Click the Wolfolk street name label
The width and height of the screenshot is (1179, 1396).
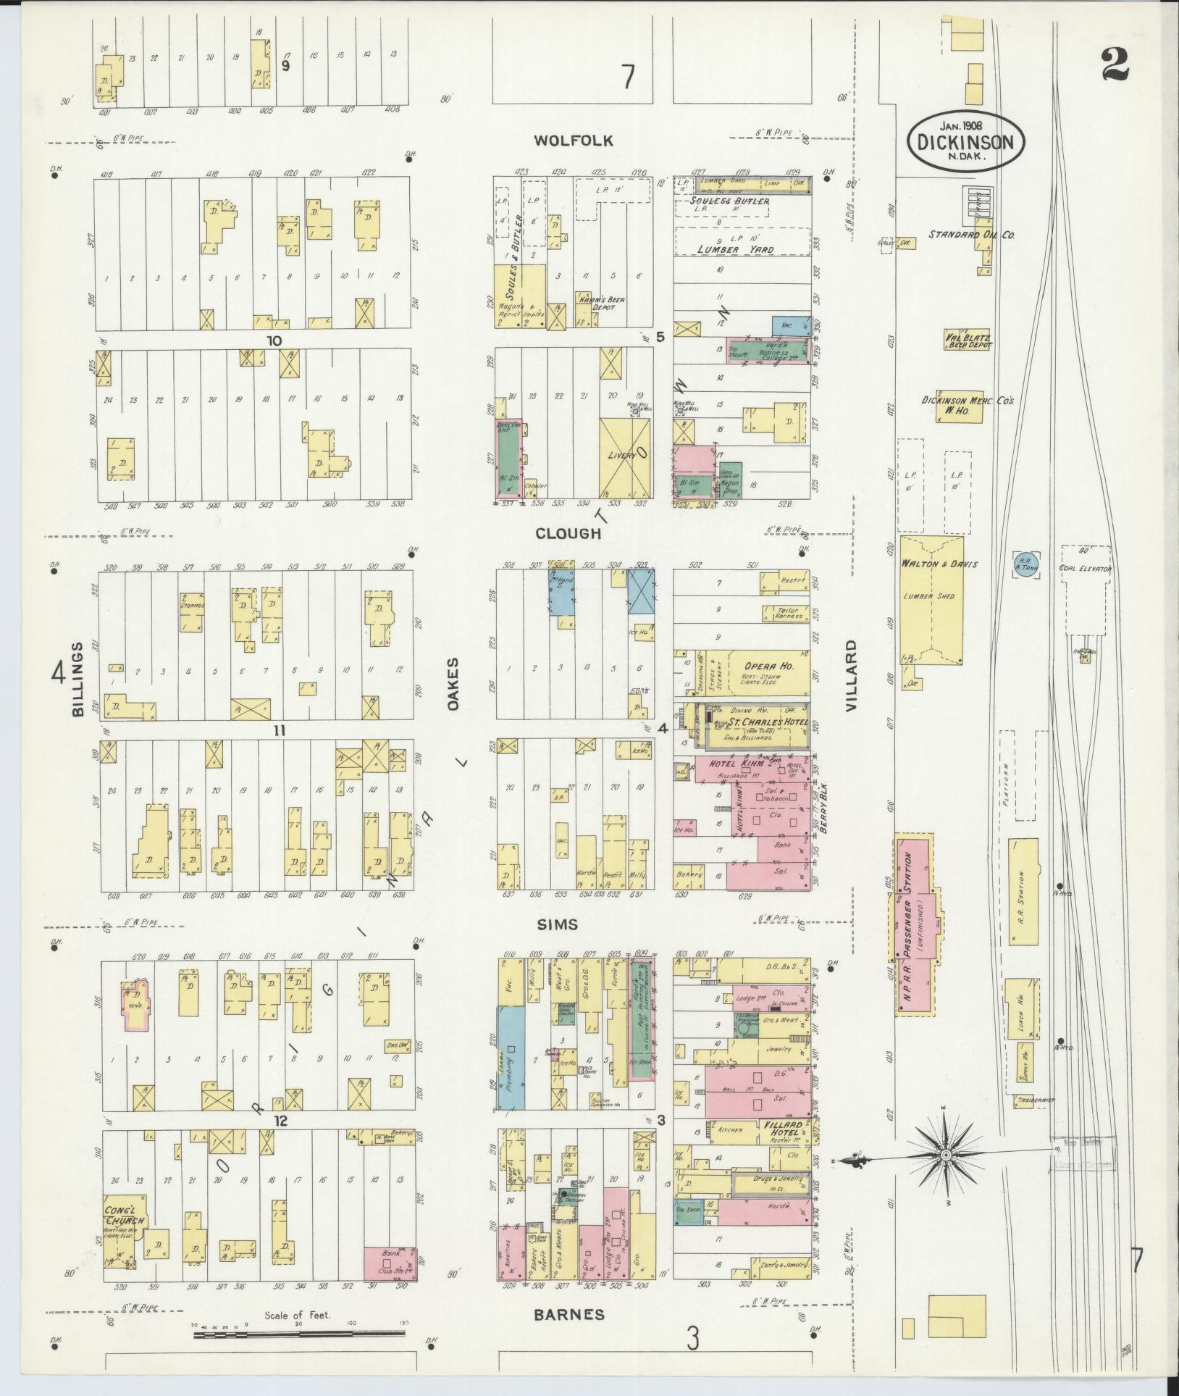coord(573,141)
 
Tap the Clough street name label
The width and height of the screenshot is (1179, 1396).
coord(568,533)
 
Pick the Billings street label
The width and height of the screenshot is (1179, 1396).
coord(77,678)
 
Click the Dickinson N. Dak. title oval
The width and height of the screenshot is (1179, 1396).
coord(965,141)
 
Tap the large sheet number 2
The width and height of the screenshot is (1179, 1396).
coord(1114,67)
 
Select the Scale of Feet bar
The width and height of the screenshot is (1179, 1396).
coord(298,1332)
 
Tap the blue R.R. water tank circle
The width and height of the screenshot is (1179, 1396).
coord(1025,562)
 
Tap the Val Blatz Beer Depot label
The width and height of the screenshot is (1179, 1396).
coord(968,340)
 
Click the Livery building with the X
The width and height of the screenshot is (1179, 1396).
coord(624,456)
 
